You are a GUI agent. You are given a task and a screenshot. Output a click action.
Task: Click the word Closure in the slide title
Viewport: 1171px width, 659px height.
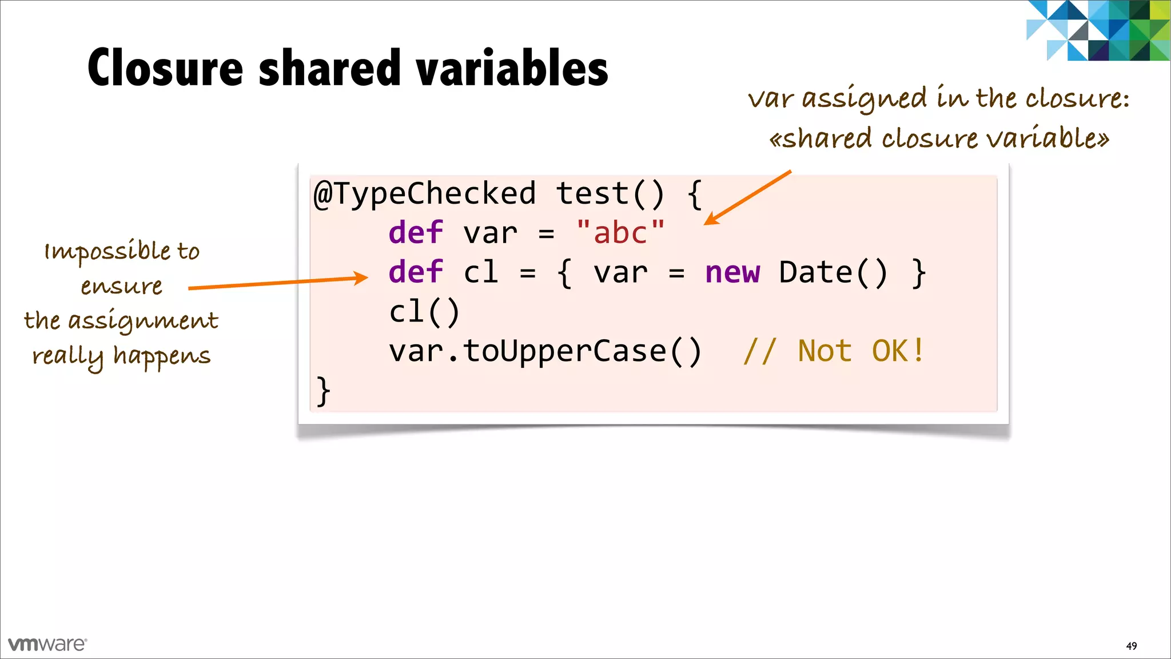click(x=165, y=68)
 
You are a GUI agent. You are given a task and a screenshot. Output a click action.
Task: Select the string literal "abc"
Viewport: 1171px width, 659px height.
click(x=620, y=233)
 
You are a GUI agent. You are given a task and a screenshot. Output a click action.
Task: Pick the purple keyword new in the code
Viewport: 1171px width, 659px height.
click(x=732, y=272)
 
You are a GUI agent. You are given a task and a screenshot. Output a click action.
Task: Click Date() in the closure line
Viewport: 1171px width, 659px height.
click(x=833, y=272)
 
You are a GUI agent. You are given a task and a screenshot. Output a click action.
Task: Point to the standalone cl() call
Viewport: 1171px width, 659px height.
click(x=424, y=312)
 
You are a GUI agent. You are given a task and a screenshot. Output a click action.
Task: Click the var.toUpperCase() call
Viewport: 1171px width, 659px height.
click(x=545, y=351)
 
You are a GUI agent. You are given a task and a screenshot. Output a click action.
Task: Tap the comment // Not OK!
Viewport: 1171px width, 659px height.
click(x=833, y=351)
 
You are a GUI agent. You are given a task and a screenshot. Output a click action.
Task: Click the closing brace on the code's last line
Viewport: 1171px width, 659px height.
click(x=323, y=391)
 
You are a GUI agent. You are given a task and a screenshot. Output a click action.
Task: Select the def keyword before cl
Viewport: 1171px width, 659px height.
click(x=416, y=272)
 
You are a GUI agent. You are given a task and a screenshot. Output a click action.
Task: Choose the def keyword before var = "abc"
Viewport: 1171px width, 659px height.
click(x=416, y=233)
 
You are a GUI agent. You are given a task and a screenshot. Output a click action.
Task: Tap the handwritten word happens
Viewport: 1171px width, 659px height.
click(x=162, y=356)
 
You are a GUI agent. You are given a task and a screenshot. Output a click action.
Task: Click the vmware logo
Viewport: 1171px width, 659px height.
click(x=47, y=644)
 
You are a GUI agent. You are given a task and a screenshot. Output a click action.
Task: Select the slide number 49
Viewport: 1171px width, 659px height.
click(x=1131, y=646)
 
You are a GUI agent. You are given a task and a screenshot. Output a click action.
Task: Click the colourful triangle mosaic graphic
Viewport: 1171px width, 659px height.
click(x=1098, y=30)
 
